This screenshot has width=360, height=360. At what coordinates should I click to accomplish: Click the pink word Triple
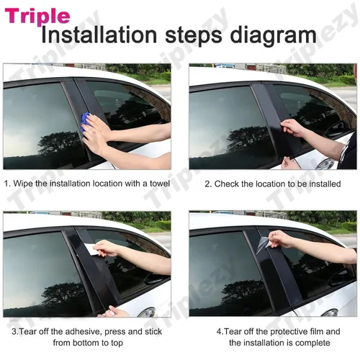click(37, 17)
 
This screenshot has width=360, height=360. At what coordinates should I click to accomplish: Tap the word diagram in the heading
click(273, 36)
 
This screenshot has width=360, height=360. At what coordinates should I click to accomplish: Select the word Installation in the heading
click(99, 35)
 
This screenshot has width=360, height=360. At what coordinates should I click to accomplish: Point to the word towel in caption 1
click(160, 184)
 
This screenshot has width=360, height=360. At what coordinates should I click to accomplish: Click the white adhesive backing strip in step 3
click(89, 249)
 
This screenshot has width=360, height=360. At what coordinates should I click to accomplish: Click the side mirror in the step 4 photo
click(340, 278)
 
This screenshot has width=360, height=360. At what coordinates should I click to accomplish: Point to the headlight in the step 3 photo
click(147, 312)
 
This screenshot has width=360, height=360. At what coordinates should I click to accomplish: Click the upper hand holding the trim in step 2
click(292, 127)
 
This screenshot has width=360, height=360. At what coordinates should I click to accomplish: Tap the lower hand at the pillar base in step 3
click(116, 312)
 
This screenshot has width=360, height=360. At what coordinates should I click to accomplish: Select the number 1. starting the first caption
click(7, 184)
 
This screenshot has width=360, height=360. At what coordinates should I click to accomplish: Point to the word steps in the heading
click(194, 36)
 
